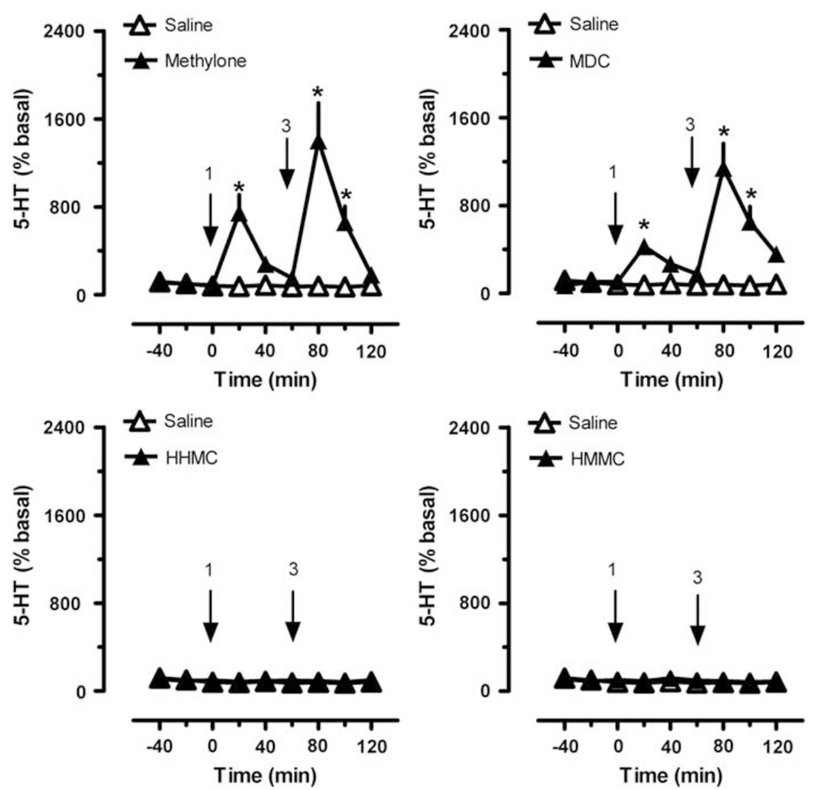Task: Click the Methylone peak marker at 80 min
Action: click(319, 142)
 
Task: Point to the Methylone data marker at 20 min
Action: click(239, 213)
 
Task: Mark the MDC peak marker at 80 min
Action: click(723, 169)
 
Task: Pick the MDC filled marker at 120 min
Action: click(776, 255)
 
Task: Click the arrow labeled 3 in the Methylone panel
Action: click(286, 164)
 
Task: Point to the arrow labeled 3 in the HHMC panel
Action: click(293, 616)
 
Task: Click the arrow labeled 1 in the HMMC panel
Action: click(616, 616)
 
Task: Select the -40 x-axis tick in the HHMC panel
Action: click(159, 747)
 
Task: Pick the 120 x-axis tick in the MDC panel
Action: click(777, 351)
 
